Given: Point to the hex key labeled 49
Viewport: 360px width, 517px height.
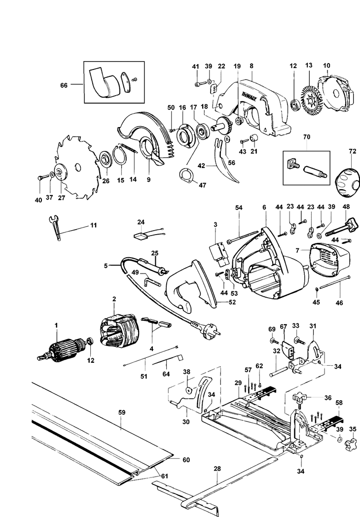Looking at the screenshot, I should pyautogui.click(x=151, y=281).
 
